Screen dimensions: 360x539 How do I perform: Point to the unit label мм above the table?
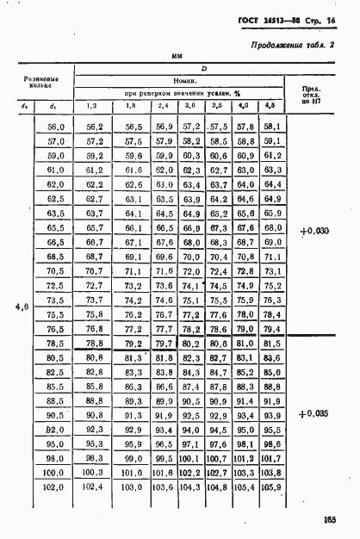[178, 55]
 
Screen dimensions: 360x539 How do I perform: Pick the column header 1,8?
[132, 106]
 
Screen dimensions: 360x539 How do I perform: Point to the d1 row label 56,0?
[55, 126]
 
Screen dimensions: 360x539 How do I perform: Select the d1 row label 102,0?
[53, 487]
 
